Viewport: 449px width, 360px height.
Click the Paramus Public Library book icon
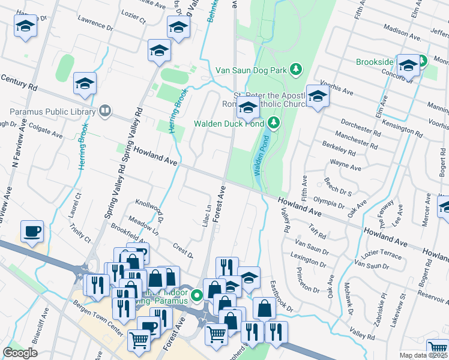click(105, 111)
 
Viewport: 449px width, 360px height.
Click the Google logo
click(20, 353)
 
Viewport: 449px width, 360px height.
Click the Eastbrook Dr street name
click(280, 296)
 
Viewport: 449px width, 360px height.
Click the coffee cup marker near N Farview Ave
click(32, 231)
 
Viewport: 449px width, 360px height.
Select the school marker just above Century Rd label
click(85, 84)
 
